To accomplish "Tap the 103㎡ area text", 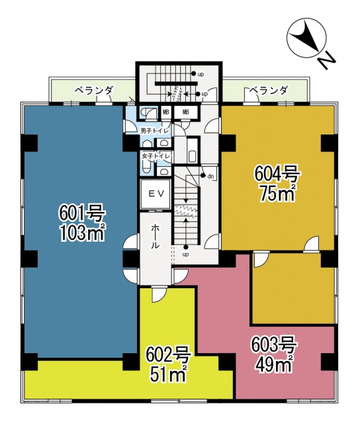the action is click(x=82, y=233).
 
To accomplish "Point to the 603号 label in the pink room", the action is click(x=274, y=345).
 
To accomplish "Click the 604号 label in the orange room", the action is click(x=277, y=174).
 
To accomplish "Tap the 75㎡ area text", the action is click(x=277, y=193).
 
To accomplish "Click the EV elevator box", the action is click(x=156, y=194).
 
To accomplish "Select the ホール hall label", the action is click(x=155, y=237).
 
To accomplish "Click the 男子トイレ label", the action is click(x=155, y=131).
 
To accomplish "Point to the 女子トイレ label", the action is click(x=156, y=156).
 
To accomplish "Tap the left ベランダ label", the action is click(x=93, y=90).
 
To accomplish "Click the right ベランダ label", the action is click(x=268, y=90).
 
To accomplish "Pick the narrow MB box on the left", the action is click(x=166, y=112).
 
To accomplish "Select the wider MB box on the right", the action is click(x=186, y=112).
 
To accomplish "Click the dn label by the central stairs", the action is click(x=210, y=177).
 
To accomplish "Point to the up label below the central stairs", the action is click(x=185, y=254).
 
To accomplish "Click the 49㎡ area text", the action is click(x=274, y=363).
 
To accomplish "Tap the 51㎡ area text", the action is click(x=169, y=374).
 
